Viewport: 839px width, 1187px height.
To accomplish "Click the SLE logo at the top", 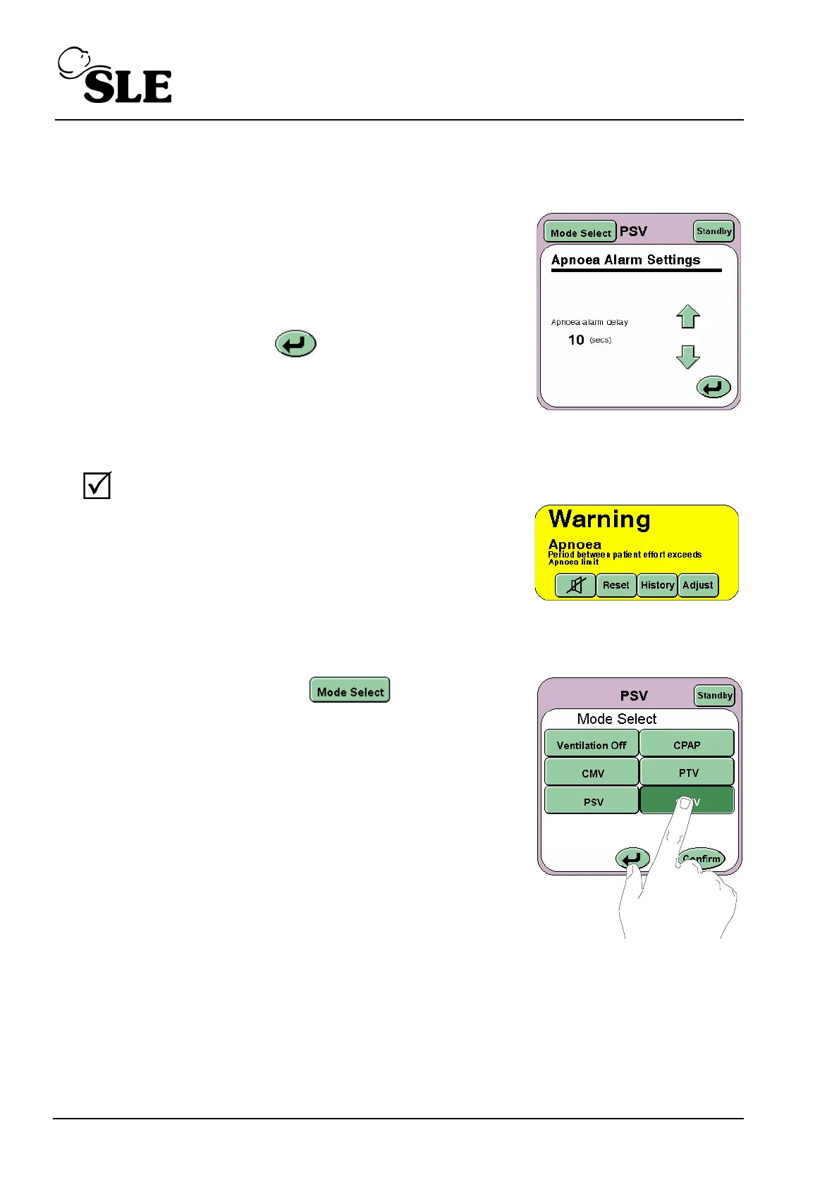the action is (x=115, y=76).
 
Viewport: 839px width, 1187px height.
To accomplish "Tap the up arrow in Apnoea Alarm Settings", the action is (x=687, y=317).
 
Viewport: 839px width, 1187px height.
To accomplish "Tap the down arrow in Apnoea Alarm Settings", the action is (x=687, y=357).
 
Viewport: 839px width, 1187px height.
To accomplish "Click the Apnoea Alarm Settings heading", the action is (x=625, y=260).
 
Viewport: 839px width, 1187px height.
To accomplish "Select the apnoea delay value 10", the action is (x=576, y=340).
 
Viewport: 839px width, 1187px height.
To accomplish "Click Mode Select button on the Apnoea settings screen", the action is (x=580, y=232).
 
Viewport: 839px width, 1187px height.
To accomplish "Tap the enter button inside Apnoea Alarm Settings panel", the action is (x=714, y=387).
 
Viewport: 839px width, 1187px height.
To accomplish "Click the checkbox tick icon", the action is (x=97, y=486).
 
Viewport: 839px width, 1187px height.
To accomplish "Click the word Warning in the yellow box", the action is (x=599, y=519).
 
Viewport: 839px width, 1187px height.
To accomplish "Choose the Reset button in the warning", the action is (x=616, y=585).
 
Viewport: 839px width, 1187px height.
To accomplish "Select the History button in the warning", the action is (x=657, y=585).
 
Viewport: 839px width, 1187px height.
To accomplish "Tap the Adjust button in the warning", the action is (x=698, y=585).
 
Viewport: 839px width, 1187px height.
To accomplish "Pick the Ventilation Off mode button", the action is (x=591, y=745).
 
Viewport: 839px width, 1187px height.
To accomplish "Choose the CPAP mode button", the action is (x=687, y=745).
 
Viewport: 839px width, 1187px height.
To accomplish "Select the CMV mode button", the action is (x=592, y=773).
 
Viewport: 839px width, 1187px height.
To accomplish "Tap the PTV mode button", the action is (x=688, y=773).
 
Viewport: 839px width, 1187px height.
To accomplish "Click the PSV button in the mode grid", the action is (x=593, y=802).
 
